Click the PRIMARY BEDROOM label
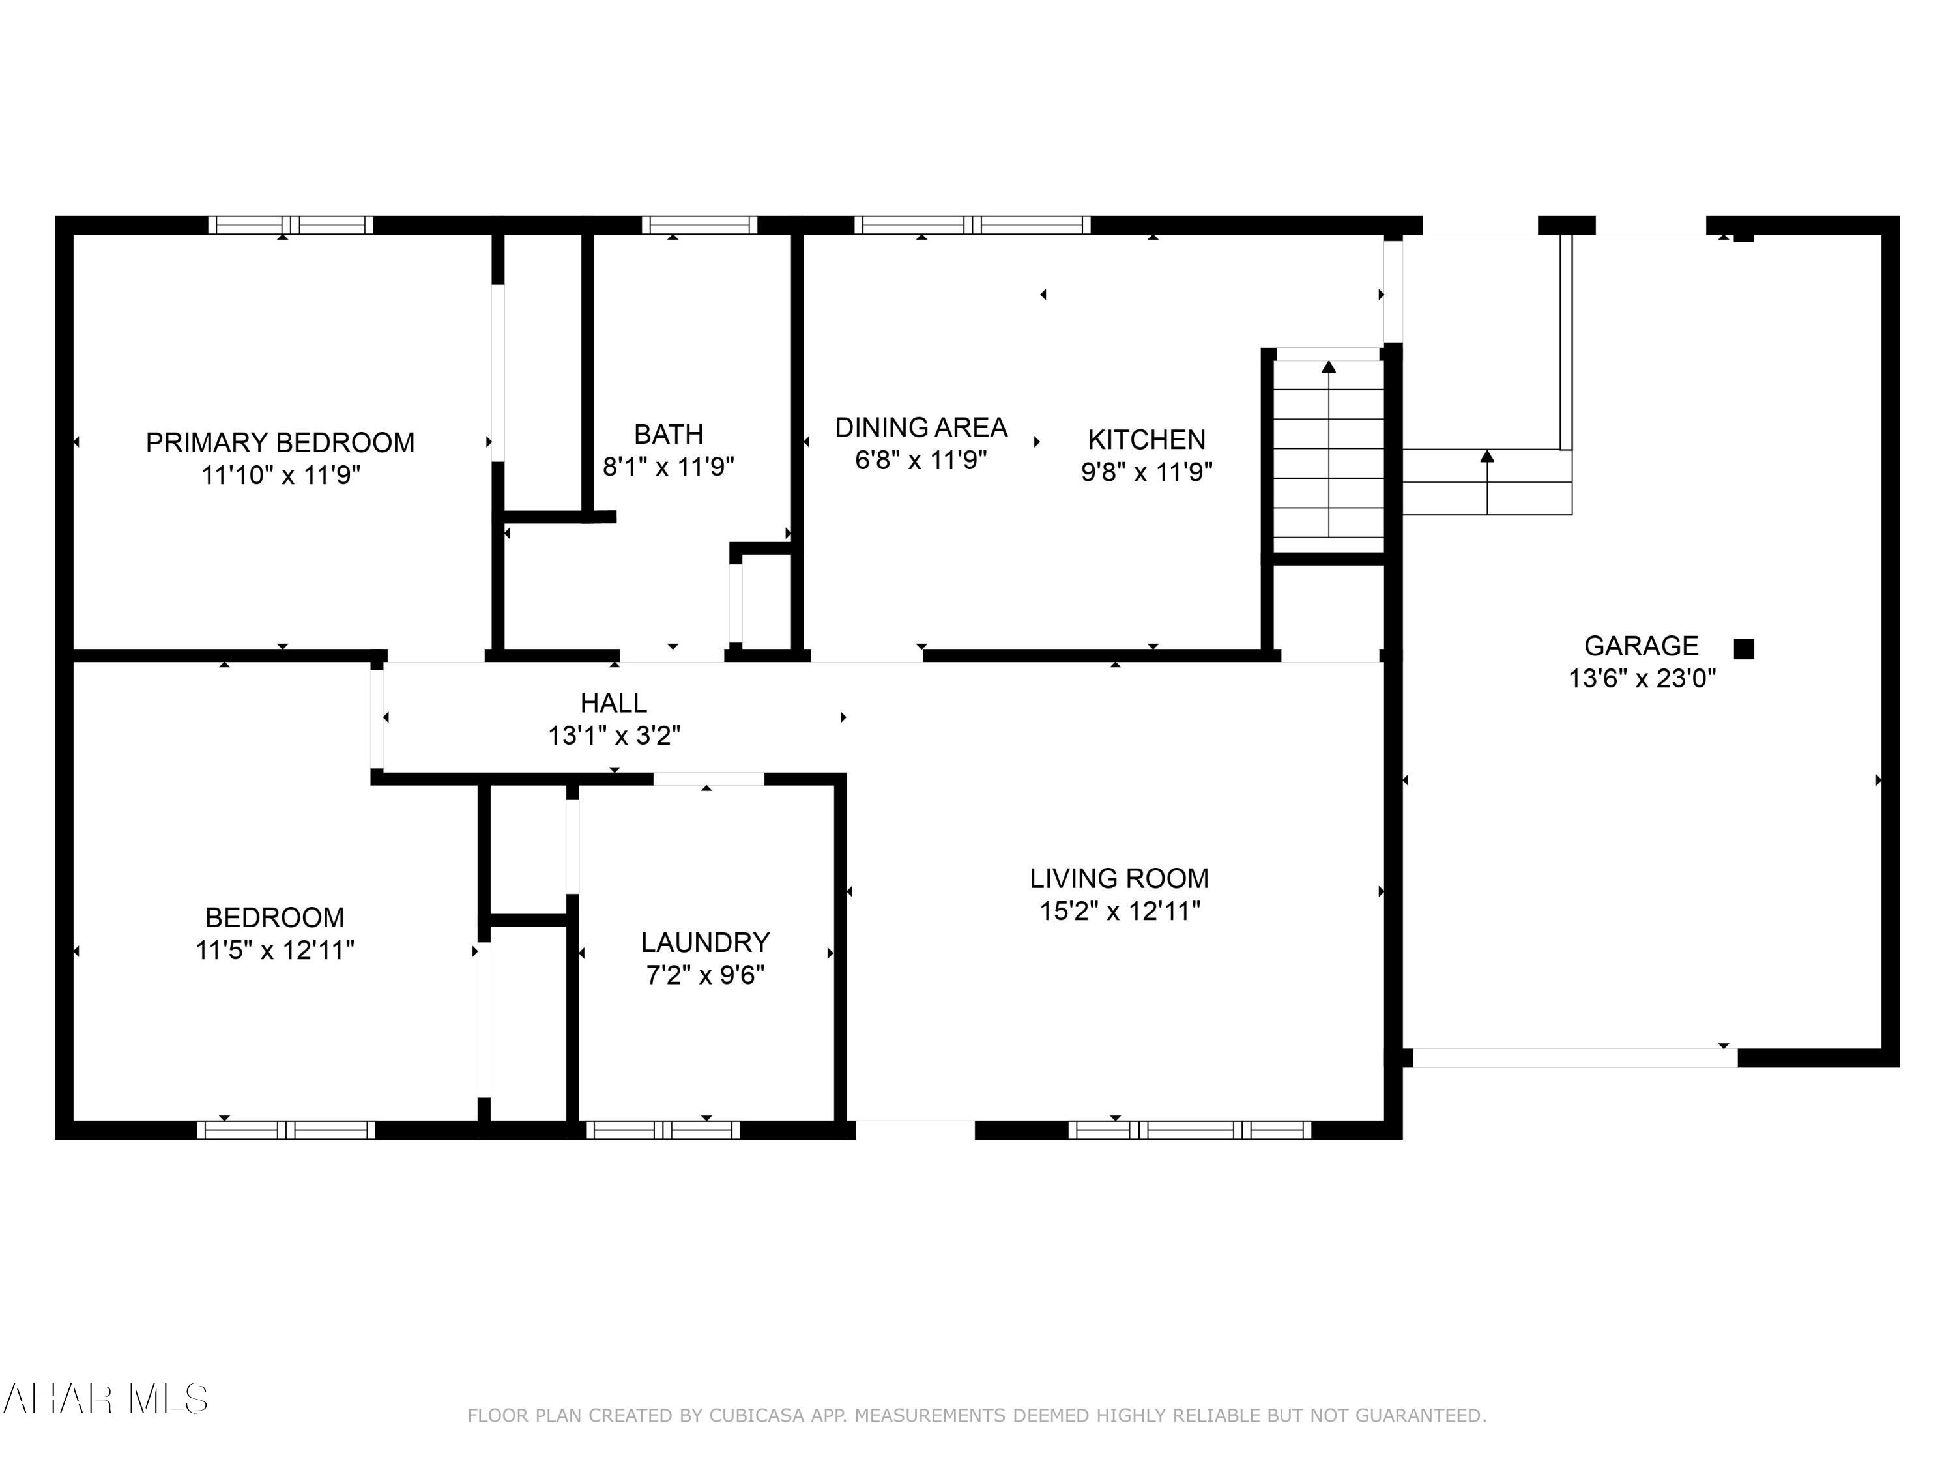tap(280, 442)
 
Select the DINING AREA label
tap(921, 427)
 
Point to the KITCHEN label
tap(1146, 439)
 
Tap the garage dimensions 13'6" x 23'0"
tap(1642, 679)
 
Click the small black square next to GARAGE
tap(1743, 650)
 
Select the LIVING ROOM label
tap(1119, 878)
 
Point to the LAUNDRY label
tap(705, 942)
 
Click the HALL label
tap(613, 704)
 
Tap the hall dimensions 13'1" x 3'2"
tap(613, 735)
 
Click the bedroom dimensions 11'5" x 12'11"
tap(275, 950)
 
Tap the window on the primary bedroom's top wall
tap(290, 224)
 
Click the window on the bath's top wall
tap(699, 224)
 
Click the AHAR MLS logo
tap(104, 1399)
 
